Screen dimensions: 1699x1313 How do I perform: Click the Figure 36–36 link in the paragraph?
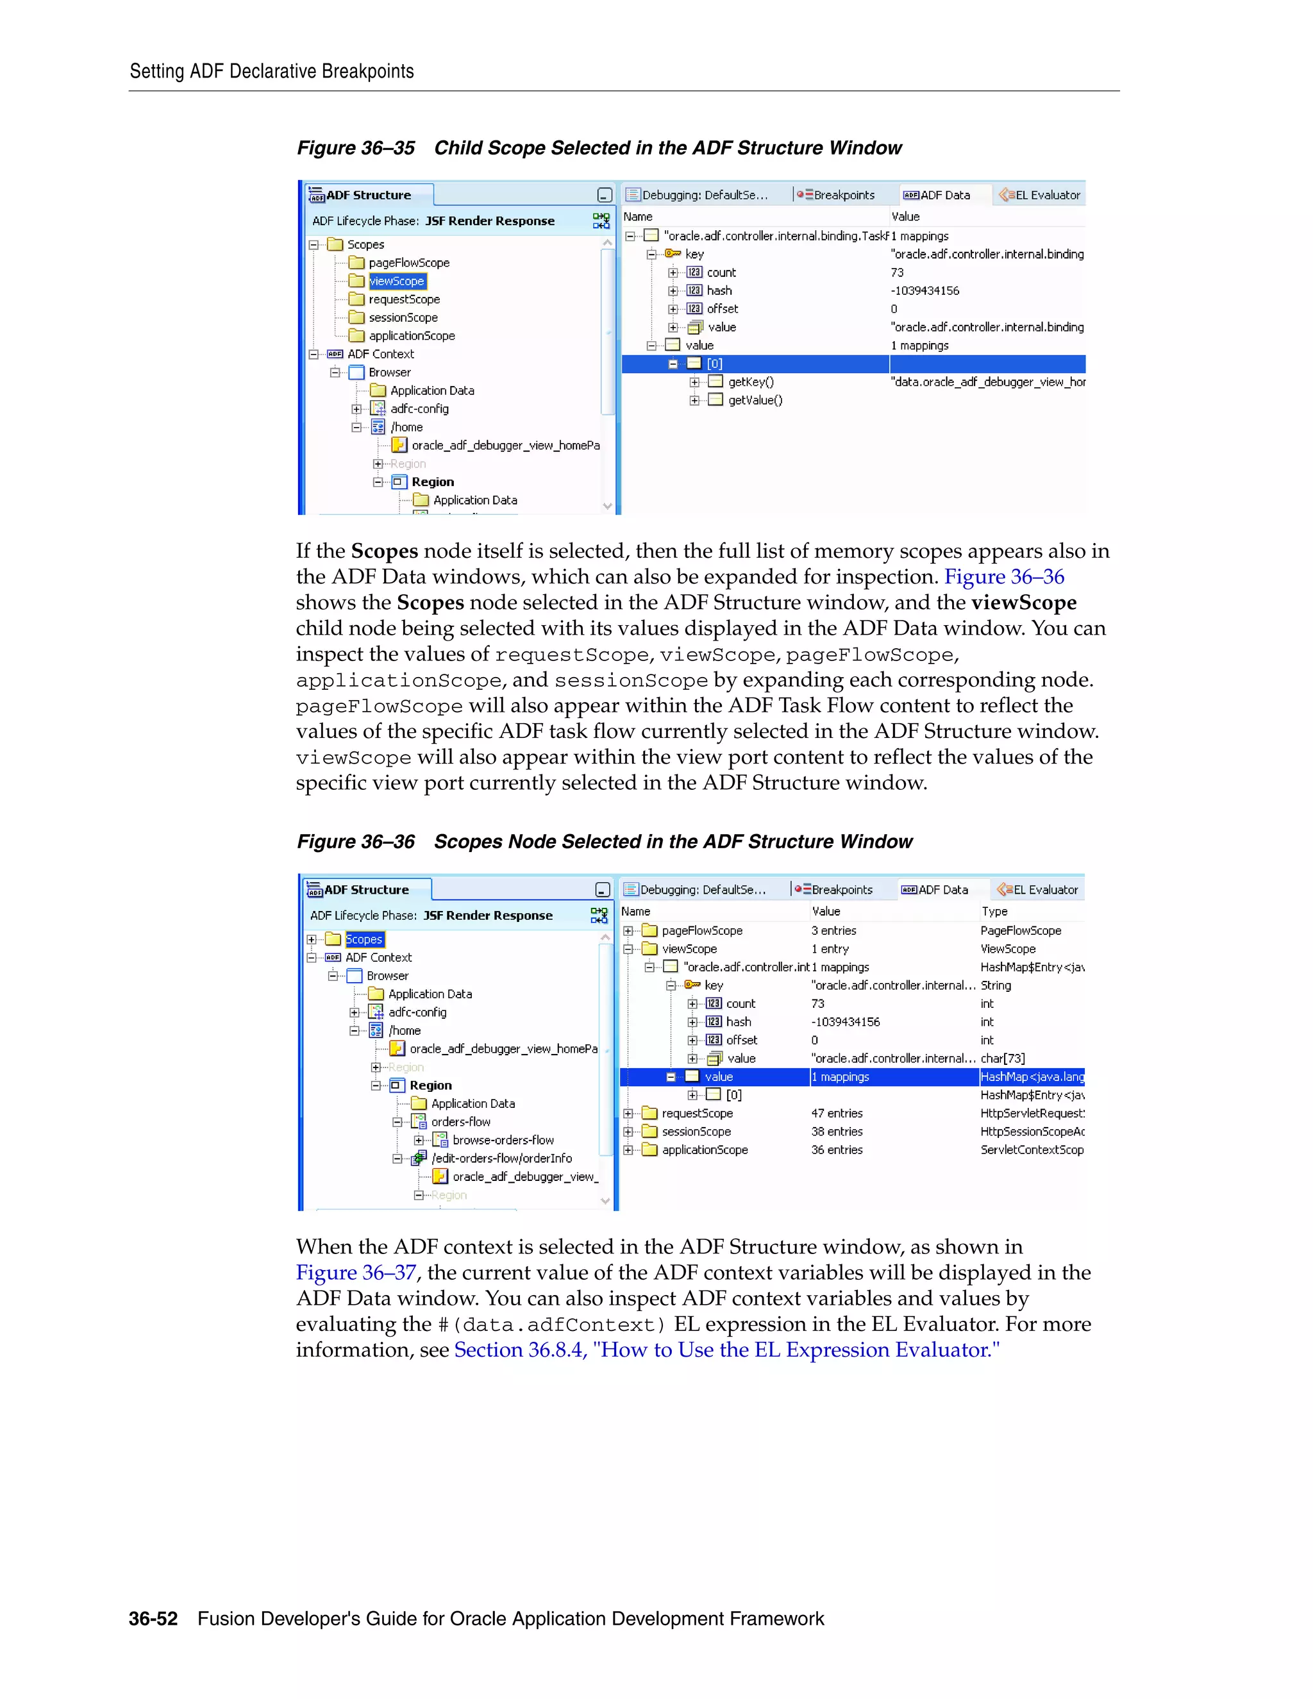click(x=1003, y=576)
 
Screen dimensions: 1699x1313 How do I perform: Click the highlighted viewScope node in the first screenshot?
click(x=397, y=281)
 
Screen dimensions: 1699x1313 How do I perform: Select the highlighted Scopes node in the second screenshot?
click(x=364, y=939)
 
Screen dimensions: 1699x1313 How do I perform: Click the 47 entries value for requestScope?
click(x=836, y=1113)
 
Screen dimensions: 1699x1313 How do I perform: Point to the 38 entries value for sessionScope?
click(x=836, y=1131)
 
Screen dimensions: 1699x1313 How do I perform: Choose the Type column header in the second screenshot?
click(x=994, y=911)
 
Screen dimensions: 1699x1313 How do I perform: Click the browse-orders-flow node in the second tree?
click(x=503, y=1140)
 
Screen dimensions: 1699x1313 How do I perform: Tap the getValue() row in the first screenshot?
click(x=755, y=400)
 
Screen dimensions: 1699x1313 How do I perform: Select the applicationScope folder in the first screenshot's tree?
click(x=411, y=335)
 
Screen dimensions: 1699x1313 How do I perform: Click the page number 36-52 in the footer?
click(x=153, y=1618)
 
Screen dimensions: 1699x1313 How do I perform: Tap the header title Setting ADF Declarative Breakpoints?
click(x=271, y=72)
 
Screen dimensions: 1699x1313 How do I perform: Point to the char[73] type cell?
click(x=1002, y=1058)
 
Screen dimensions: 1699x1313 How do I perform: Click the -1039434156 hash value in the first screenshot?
click(x=925, y=290)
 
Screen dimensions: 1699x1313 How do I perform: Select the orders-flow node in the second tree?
click(x=460, y=1122)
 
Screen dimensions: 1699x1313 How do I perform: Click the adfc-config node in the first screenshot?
click(x=419, y=408)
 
